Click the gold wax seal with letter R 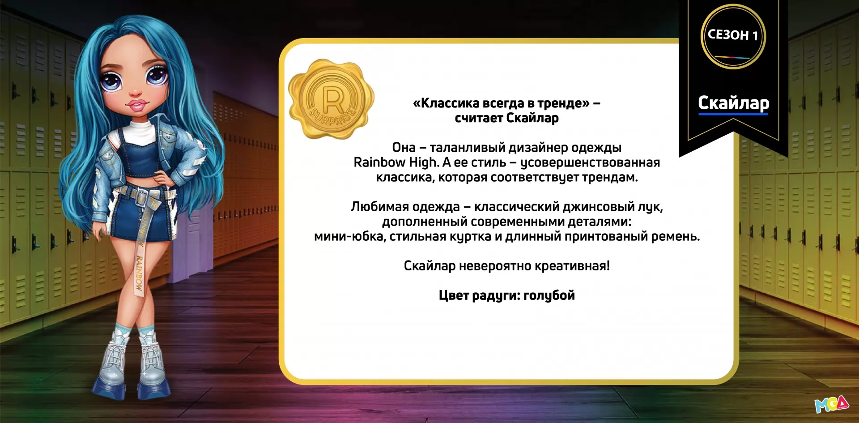(331, 99)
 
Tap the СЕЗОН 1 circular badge (733, 36)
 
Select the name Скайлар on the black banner (734, 103)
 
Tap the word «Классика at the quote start (447, 103)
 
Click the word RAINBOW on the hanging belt (139, 274)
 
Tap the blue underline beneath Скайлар (733, 114)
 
